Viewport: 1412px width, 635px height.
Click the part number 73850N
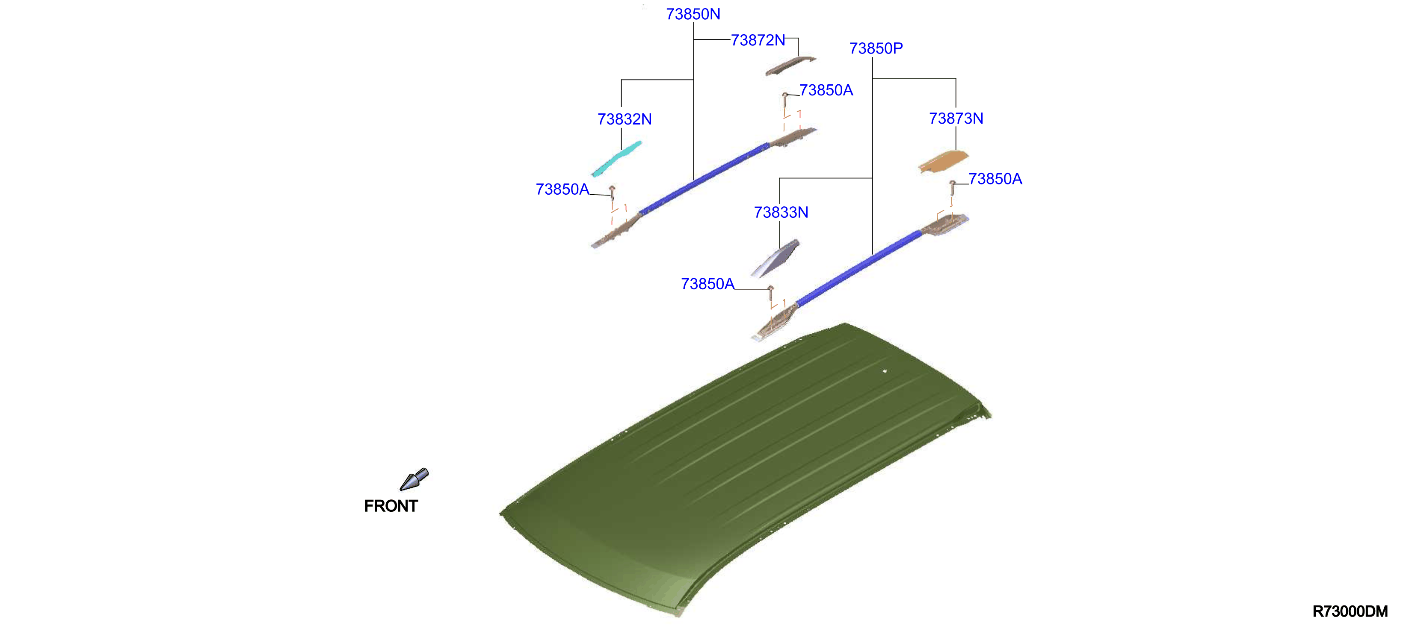click(x=693, y=14)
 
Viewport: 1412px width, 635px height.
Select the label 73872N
click(x=758, y=40)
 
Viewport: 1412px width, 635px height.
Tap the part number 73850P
click(x=876, y=48)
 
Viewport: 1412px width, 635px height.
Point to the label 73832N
click(x=625, y=119)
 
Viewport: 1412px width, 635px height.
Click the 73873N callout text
click(x=956, y=119)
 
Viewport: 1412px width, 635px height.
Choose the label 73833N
click(x=781, y=212)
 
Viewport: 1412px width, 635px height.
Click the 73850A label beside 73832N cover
click(x=562, y=189)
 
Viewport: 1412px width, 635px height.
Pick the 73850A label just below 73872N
click(x=826, y=90)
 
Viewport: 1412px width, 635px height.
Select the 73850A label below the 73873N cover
click(x=995, y=179)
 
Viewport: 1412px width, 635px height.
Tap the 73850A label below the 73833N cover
click(x=707, y=284)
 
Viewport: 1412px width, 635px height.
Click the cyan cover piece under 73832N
click(x=616, y=160)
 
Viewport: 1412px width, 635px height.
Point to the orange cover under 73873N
click(x=943, y=162)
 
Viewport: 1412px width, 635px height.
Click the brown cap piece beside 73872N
click(x=790, y=66)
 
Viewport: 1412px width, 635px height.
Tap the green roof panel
click(x=746, y=466)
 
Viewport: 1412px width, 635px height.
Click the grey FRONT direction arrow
click(x=414, y=479)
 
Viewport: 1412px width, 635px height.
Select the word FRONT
click(x=391, y=506)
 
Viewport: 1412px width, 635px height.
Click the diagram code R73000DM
click(x=1350, y=611)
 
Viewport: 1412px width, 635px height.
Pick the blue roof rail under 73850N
click(x=705, y=178)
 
